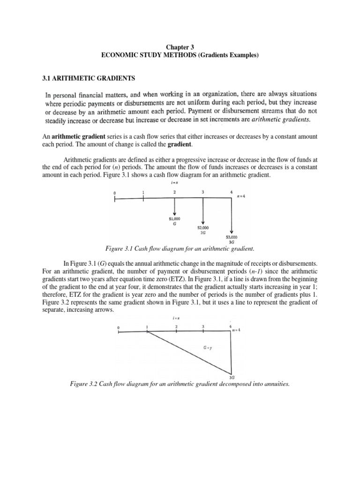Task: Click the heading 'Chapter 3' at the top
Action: [x=180, y=47]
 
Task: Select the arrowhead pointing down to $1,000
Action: [x=174, y=214]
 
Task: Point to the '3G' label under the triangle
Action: [x=232, y=377]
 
